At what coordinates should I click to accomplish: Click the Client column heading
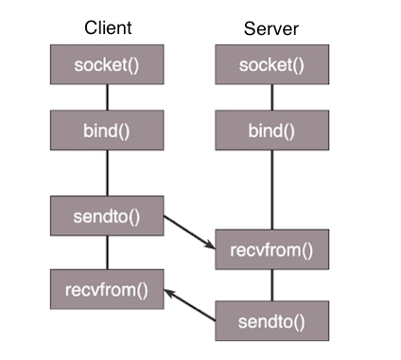pos(107,28)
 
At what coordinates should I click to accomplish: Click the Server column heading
pos(272,28)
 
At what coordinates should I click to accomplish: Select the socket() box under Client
pos(107,65)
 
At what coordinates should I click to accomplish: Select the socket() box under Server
pos(272,65)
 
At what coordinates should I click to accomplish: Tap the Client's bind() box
pos(107,129)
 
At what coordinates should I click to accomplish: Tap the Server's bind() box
pos(272,129)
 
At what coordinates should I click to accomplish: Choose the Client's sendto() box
pos(107,216)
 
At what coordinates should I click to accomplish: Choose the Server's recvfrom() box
pos(272,249)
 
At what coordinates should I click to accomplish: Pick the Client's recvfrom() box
pos(107,287)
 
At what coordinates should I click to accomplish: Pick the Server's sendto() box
pos(272,320)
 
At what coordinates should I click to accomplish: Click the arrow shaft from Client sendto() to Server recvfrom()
pos(187,231)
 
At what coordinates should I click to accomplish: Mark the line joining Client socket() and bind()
pos(107,97)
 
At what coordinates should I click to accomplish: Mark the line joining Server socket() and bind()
pos(272,97)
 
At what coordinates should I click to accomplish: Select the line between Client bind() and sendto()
pos(107,173)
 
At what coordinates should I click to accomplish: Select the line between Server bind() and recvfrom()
pos(272,189)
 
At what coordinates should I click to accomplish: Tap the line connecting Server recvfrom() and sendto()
pos(272,285)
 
